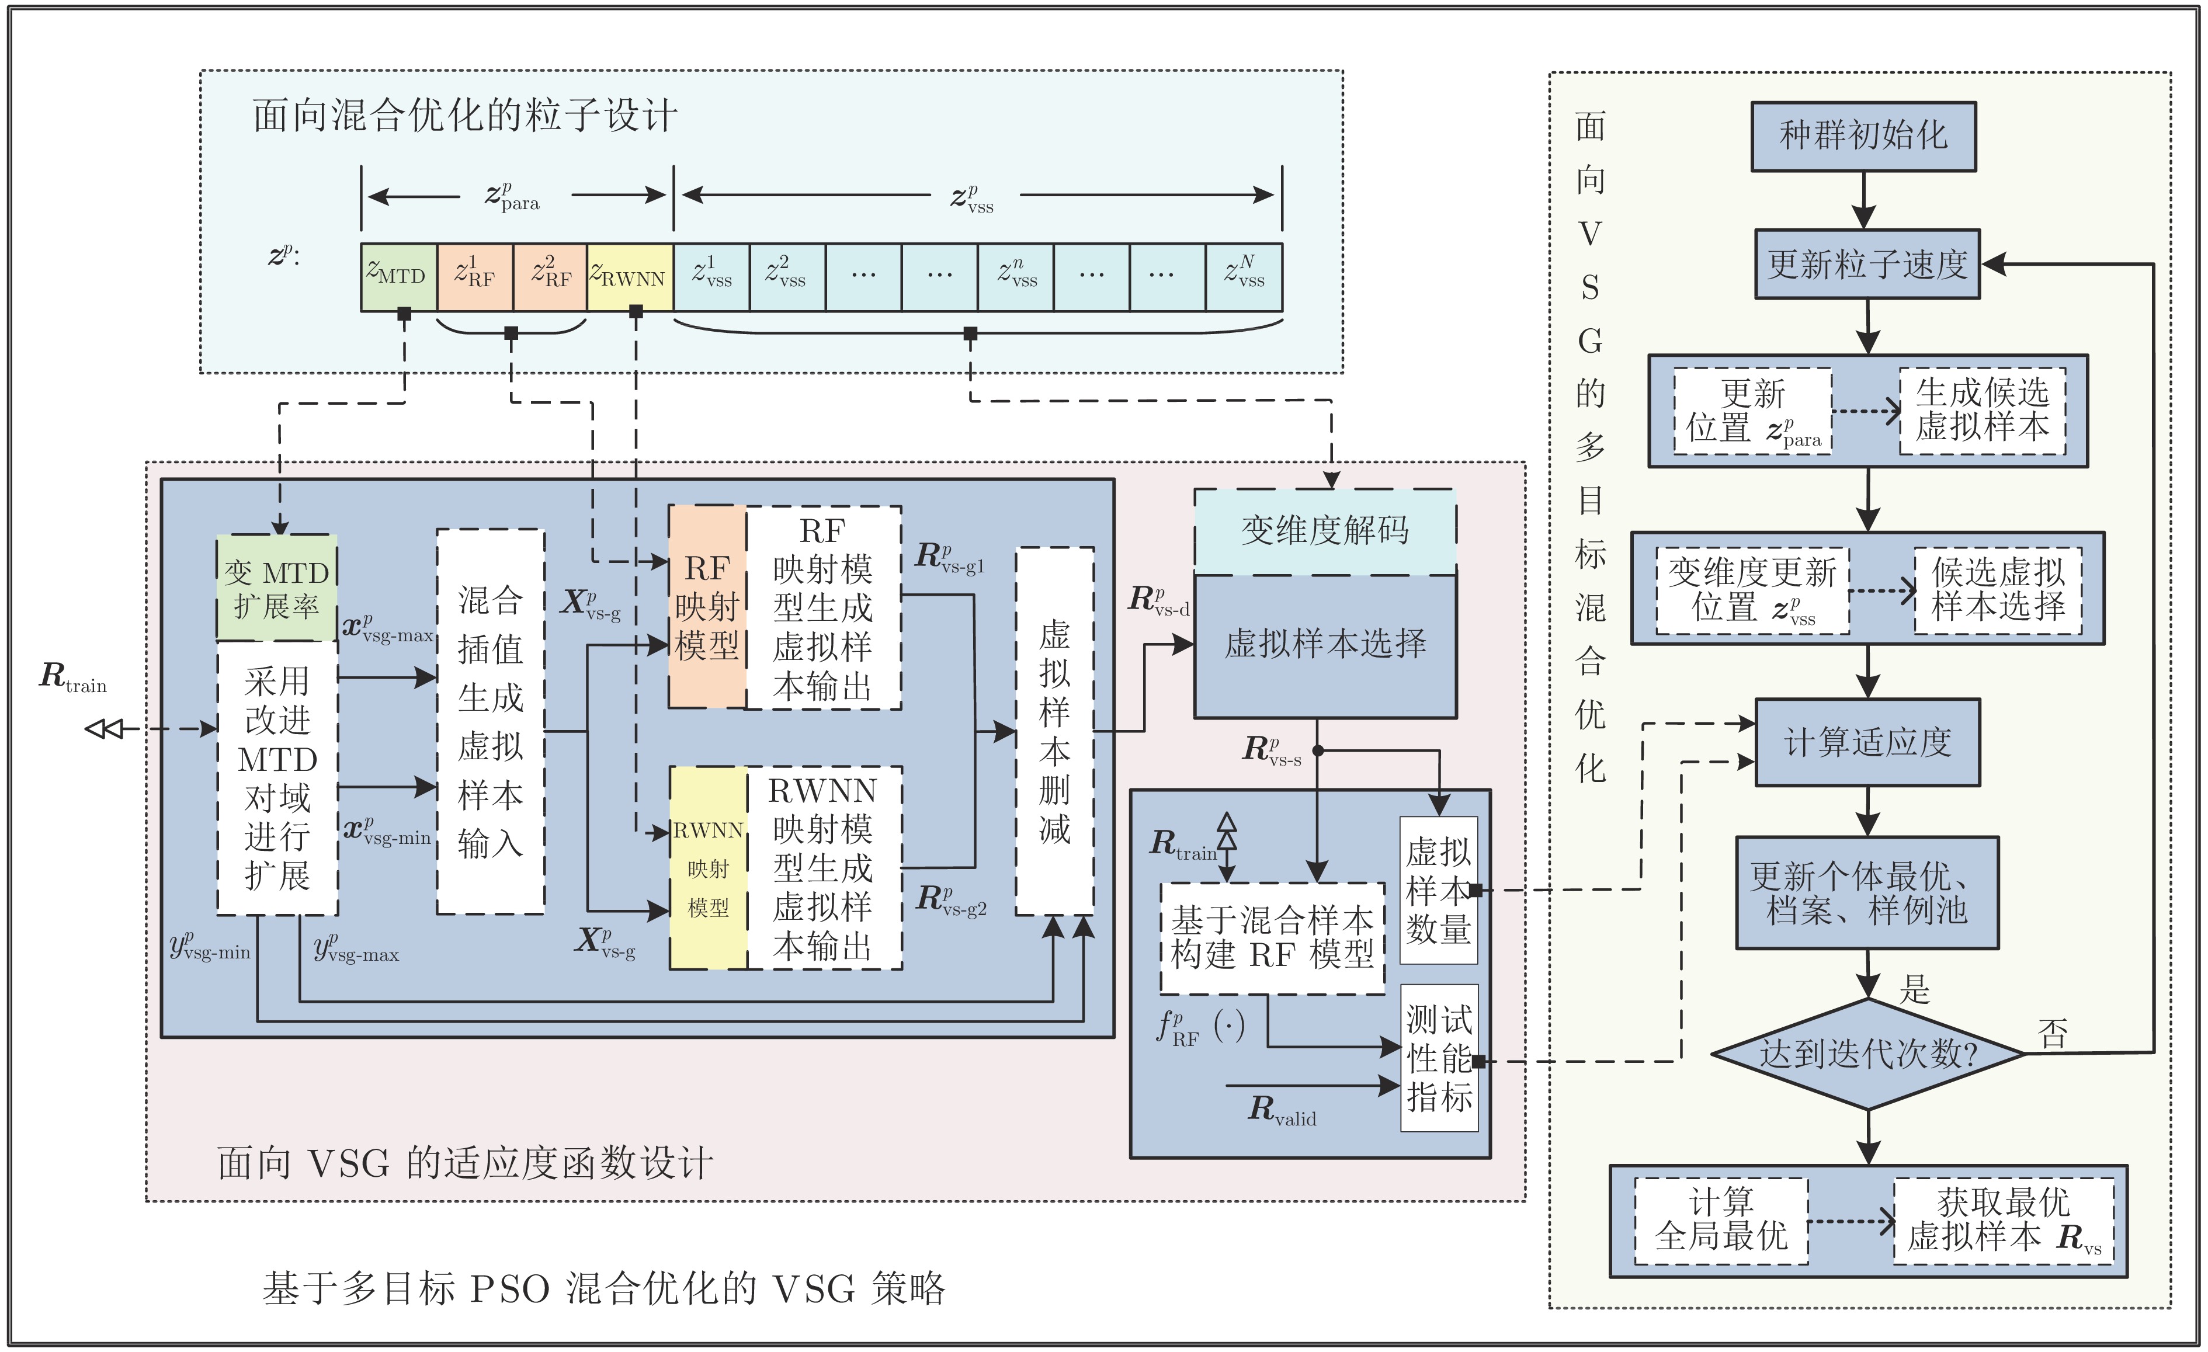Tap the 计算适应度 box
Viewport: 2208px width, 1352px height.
click(1867, 742)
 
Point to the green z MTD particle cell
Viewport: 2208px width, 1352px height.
click(398, 276)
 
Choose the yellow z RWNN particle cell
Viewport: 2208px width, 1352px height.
click(630, 276)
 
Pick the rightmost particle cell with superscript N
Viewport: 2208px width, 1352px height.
click(1244, 276)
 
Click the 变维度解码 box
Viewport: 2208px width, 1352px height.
click(1324, 530)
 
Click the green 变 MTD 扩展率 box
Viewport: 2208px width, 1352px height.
click(277, 589)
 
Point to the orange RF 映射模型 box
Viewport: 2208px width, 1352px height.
click(707, 607)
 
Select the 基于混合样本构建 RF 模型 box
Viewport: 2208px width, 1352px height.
click(1272, 938)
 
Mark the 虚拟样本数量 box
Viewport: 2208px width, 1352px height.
click(1438, 889)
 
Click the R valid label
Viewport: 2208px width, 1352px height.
click(1282, 1111)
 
